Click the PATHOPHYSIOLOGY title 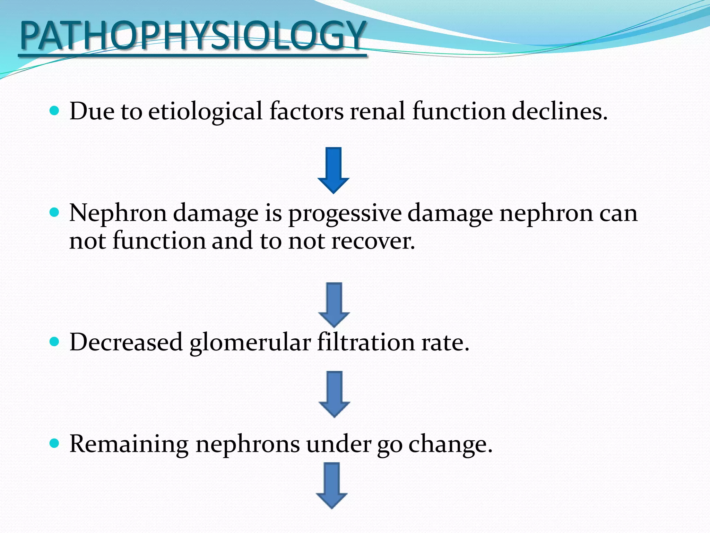click(x=192, y=36)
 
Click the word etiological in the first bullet click(x=205, y=112)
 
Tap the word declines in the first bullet click(x=560, y=112)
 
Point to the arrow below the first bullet click(x=334, y=170)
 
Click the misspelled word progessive click(x=345, y=214)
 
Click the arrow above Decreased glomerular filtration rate click(x=334, y=305)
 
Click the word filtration click(x=366, y=342)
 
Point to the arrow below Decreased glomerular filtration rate click(x=334, y=394)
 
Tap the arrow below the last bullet click(x=332, y=485)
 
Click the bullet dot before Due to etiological click(x=54, y=111)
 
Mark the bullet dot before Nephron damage click(x=54, y=212)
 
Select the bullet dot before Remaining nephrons click(x=54, y=443)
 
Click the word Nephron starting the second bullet click(x=118, y=213)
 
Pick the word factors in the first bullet click(x=306, y=112)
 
